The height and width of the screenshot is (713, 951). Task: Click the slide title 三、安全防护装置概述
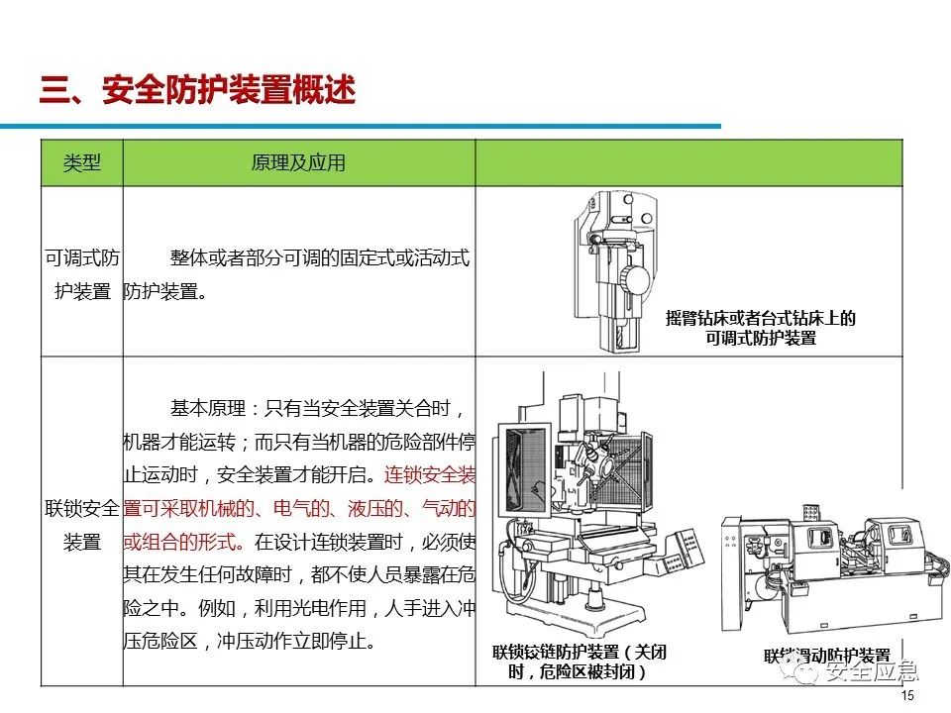coord(197,91)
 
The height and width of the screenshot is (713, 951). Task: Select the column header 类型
coord(81,163)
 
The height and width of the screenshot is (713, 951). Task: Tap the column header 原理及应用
coord(298,163)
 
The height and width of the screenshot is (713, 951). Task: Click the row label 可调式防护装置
coord(81,275)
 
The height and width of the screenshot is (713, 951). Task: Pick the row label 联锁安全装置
coord(81,525)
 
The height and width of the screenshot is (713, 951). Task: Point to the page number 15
coord(907,697)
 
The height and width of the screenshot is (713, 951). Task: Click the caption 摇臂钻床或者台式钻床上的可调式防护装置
coord(760,328)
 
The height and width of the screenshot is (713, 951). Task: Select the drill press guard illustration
coord(614,267)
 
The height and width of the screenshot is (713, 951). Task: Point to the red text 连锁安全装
coord(430,474)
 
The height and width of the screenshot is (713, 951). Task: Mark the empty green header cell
coord(688,163)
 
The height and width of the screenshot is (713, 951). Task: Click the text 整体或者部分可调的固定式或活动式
coord(319,258)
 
